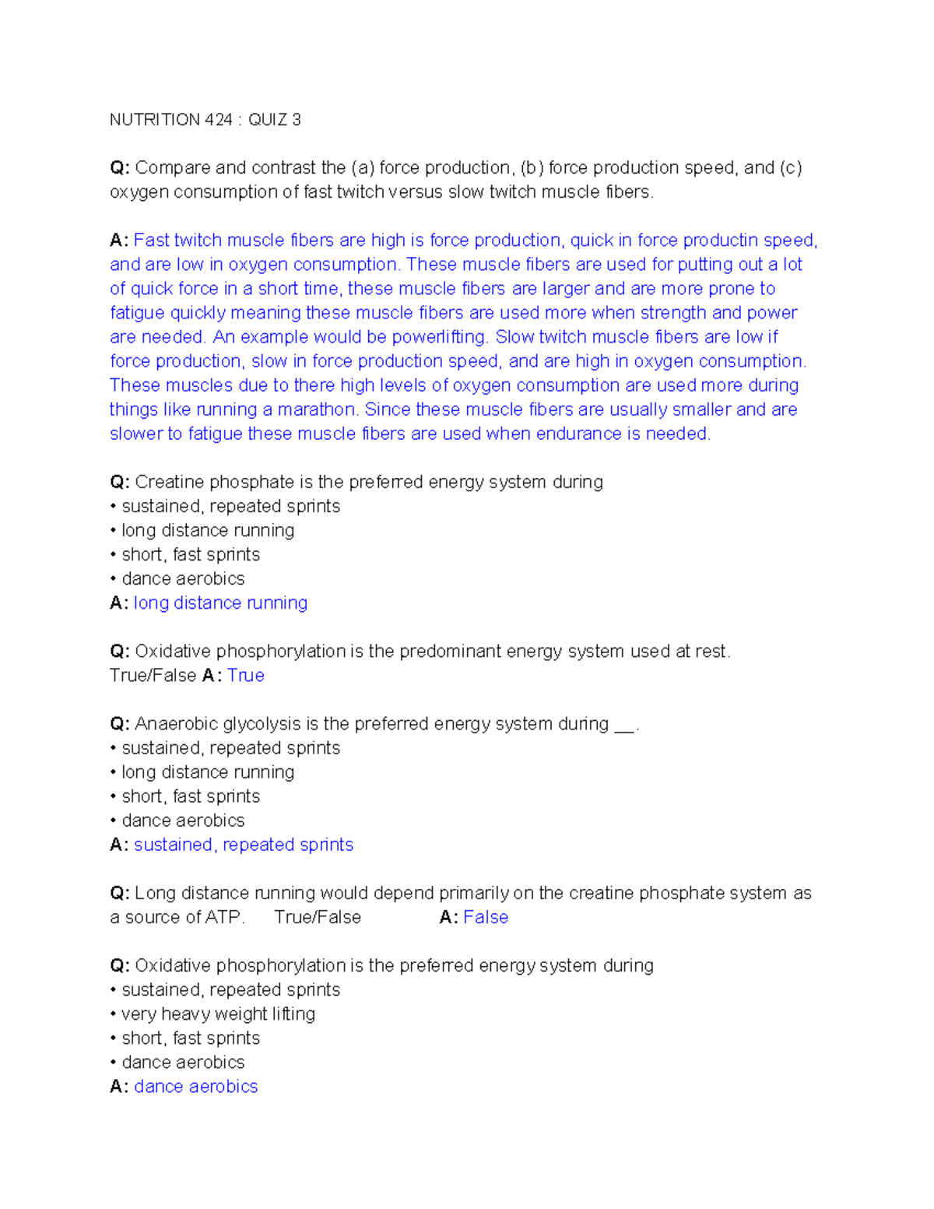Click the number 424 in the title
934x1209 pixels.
[219, 120]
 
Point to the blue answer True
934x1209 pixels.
[246, 676]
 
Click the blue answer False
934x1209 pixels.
[486, 918]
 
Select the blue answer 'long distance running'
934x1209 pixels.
[220, 603]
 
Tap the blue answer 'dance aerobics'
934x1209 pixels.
[195, 1087]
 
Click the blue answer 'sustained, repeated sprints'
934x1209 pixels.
[244, 845]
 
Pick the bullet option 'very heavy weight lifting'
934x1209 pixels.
[218, 1014]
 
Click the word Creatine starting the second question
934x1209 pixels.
[169, 483]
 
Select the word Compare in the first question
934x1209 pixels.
[172, 168]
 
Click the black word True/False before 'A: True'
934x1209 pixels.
[153, 676]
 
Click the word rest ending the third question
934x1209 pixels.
[712, 652]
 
